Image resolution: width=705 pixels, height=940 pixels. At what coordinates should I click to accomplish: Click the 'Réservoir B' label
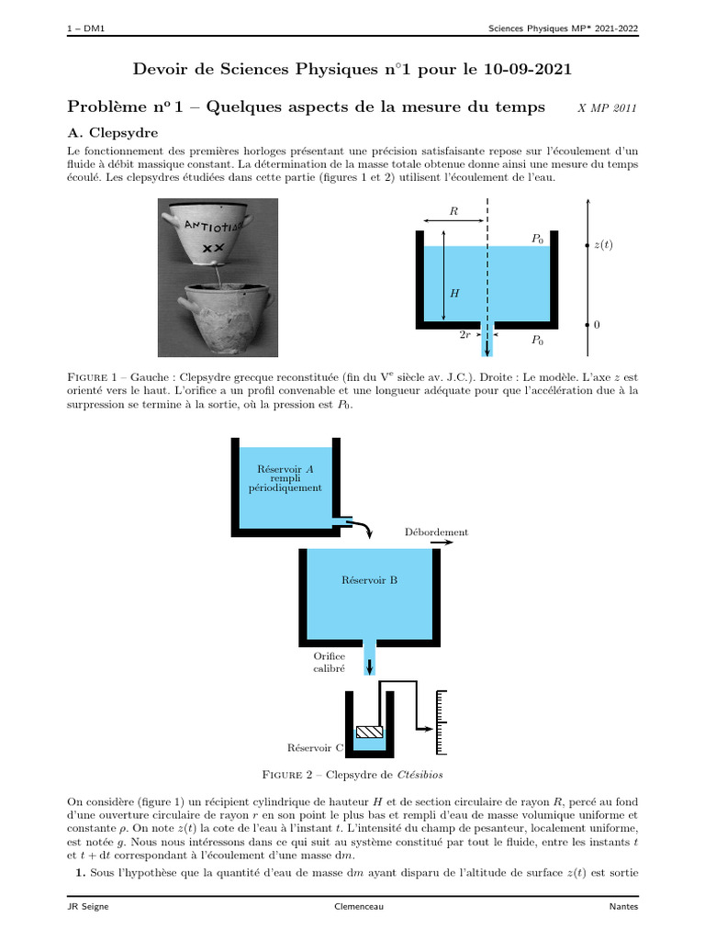[369, 580]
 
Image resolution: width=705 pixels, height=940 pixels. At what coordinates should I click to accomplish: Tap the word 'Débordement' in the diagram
[436, 532]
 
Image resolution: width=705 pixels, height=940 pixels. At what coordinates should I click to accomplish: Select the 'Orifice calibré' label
[329, 663]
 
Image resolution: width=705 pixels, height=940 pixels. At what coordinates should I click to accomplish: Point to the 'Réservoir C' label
[315, 748]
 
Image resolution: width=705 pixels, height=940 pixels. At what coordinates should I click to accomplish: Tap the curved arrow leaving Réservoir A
[364, 526]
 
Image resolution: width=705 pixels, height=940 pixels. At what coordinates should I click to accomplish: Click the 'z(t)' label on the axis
[603, 245]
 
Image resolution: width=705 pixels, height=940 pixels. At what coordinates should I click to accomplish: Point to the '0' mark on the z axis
[597, 325]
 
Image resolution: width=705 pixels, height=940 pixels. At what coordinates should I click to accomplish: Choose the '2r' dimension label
[465, 336]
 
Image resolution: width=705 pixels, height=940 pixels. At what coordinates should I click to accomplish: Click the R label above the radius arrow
[453, 211]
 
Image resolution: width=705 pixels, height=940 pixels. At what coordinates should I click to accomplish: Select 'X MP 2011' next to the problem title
[607, 108]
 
